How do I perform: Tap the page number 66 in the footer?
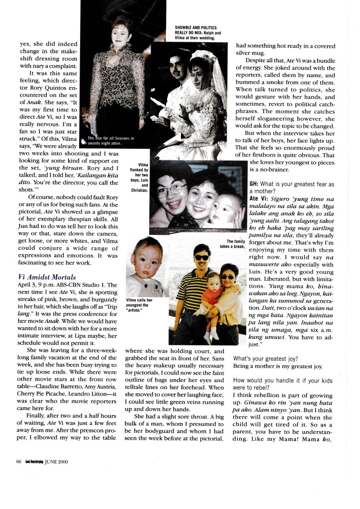[x=19, y=461]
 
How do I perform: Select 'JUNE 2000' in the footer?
[x=56, y=461]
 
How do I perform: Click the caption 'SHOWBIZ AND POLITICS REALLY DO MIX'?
[x=195, y=32]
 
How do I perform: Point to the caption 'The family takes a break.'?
[x=232, y=244]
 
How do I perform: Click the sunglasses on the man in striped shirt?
[x=202, y=257]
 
